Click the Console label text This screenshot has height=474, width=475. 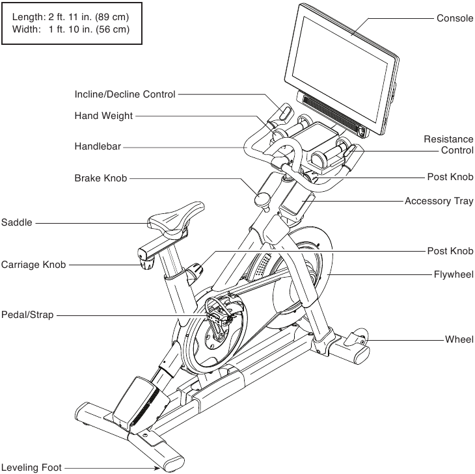click(455, 18)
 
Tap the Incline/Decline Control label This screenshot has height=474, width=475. click(125, 94)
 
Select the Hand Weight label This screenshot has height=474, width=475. click(103, 116)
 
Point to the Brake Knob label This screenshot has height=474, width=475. click(101, 178)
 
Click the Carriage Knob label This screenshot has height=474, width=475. click(33, 265)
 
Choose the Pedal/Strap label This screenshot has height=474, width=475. click(27, 315)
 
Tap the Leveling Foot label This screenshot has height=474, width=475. click(31, 467)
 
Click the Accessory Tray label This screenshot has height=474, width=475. click(439, 201)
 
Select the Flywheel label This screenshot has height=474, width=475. click(454, 274)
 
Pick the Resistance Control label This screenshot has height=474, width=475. click(448, 145)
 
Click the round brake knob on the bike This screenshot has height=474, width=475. click(263, 199)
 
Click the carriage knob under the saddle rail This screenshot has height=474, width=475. click(147, 264)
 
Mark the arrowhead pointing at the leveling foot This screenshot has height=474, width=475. click(157, 468)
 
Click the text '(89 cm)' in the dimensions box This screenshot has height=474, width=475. click(112, 17)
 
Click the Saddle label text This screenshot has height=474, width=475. click(17, 222)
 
